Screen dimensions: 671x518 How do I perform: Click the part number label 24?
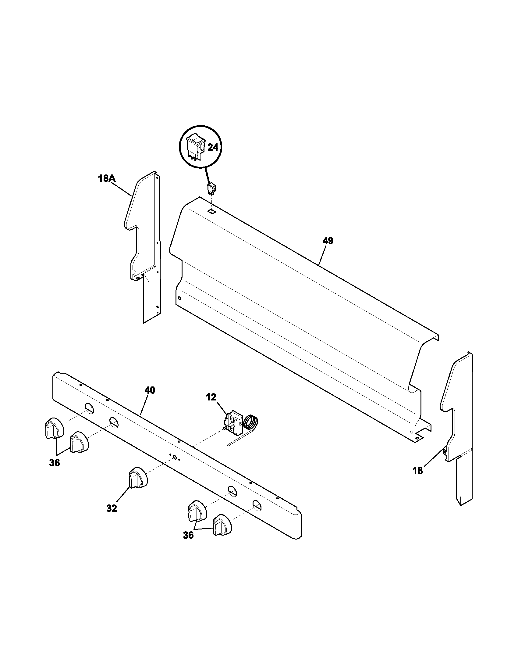[x=213, y=148]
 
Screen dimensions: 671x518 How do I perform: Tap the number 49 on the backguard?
[x=328, y=241]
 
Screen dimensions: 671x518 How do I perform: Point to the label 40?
[x=150, y=390]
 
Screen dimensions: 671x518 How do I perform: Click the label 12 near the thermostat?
[x=211, y=397]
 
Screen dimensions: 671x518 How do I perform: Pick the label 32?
[x=112, y=508]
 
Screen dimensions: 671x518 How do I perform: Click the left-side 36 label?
[x=54, y=463]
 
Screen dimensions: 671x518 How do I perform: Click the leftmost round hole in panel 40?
[x=89, y=408]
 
